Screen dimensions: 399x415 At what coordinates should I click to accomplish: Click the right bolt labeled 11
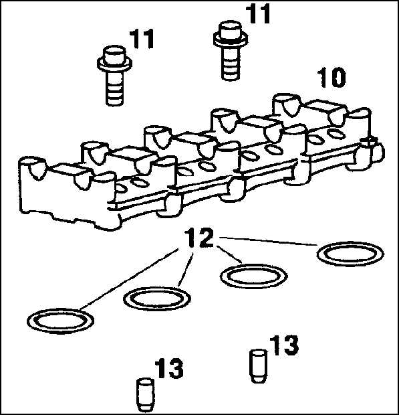click(231, 50)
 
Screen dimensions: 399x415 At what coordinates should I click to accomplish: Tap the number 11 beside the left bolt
click(142, 39)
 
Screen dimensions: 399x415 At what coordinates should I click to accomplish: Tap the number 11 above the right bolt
click(258, 14)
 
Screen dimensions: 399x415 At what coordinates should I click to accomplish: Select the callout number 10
click(332, 77)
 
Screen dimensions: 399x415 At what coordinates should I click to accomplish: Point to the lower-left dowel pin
click(145, 395)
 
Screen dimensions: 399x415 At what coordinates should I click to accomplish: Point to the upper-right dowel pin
click(259, 366)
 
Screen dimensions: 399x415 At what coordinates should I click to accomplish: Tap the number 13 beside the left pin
click(169, 368)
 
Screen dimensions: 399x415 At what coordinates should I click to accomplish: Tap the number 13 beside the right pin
click(285, 345)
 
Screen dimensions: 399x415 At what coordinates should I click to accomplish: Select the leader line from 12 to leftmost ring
click(128, 279)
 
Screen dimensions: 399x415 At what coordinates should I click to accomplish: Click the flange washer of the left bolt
click(114, 64)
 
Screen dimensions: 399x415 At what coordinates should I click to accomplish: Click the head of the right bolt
click(231, 29)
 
